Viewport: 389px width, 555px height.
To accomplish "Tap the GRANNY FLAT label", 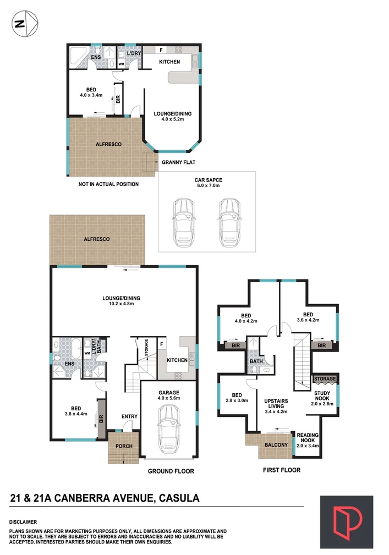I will click(x=178, y=162).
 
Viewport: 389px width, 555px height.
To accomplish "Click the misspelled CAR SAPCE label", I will click(x=207, y=180).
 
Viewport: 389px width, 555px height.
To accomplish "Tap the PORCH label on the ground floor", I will click(x=124, y=446).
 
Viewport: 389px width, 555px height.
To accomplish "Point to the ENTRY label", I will click(x=129, y=416).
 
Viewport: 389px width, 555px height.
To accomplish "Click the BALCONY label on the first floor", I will click(x=276, y=445).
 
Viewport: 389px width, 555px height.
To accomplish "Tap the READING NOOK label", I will click(x=308, y=438).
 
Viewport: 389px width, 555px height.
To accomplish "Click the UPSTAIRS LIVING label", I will click(x=276, y=403).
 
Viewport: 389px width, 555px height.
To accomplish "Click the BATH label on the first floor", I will click(x=256, y=361).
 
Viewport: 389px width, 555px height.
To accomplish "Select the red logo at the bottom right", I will click(x=347, y=522).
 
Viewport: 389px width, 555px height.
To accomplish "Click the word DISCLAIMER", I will click(x=23, y=521).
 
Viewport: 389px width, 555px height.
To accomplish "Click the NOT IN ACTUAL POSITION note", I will click(x=108, y=184).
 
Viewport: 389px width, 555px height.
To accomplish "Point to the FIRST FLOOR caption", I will click(x=281, y=470).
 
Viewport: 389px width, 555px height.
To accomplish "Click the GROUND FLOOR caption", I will click(x=171, y=471).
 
